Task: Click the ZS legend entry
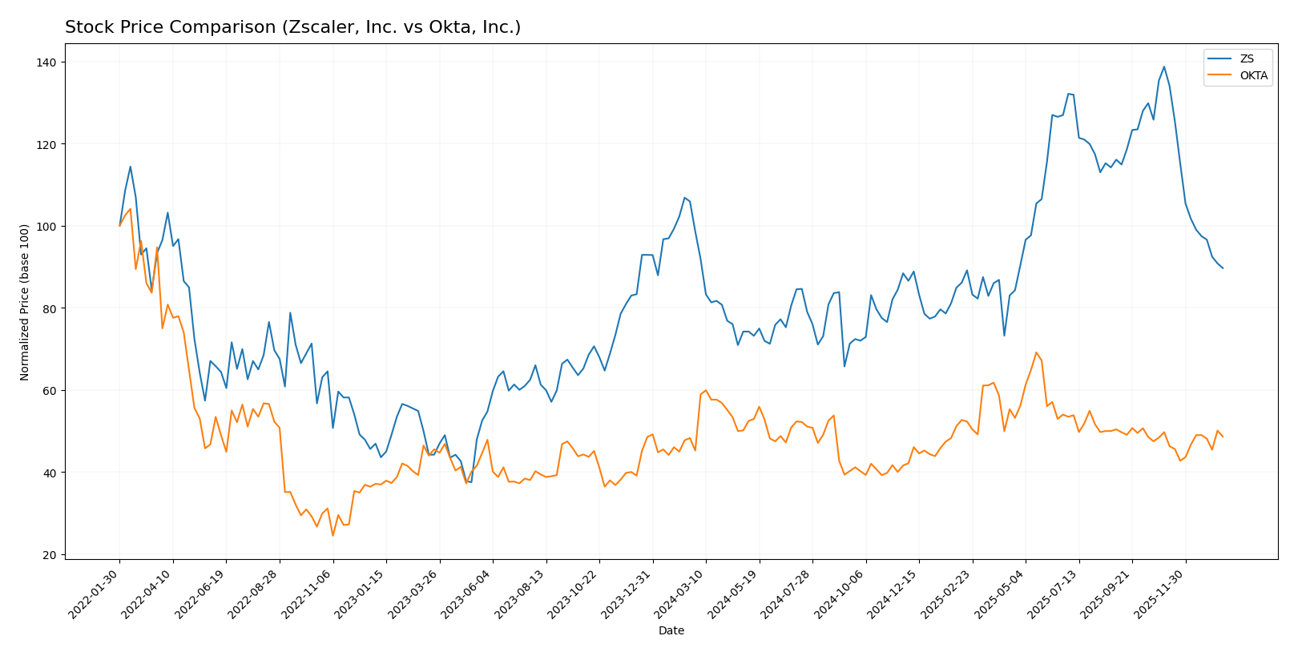[1247, 58]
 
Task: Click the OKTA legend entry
[1253, 76]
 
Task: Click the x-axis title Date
[671, 631]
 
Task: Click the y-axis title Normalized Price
[25, 302]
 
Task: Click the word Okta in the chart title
[437, 27]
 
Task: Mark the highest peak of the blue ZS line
[1163, 66]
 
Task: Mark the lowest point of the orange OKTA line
[333, 535]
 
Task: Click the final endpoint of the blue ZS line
[1223, 268]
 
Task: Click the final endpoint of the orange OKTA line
[1223, 437]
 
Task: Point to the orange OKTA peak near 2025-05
[1036, 352]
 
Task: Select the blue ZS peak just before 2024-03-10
[684, 197]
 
